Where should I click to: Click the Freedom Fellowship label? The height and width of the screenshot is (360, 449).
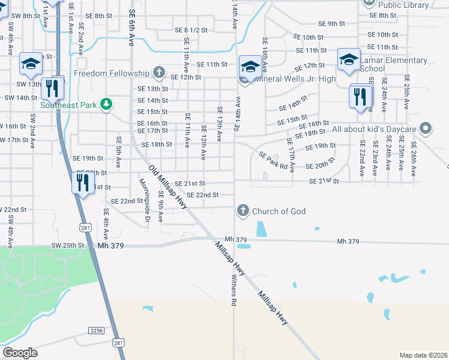(x=111, y=73)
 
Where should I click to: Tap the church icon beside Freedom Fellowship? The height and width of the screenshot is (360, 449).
(x=159, y=73)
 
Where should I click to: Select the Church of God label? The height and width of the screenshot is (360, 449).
(x=279, y=211)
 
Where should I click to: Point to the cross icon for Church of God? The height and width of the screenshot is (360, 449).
(x=243, y=210)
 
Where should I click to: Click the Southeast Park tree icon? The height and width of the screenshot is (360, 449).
(x=106, y=104)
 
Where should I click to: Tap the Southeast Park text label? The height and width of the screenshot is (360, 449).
(x=68, y=104)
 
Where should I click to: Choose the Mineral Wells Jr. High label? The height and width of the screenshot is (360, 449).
(x=295, y=79)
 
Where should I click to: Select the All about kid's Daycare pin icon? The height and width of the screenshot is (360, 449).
(x=426, y=128)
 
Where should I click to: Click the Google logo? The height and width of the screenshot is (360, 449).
(x=20, y=353)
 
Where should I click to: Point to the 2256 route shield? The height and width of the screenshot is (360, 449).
(x=96, y=331)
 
